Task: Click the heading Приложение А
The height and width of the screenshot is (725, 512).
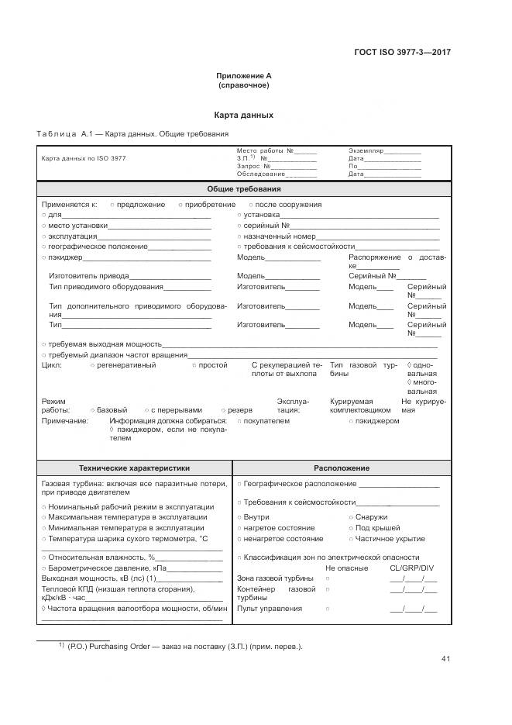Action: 243,75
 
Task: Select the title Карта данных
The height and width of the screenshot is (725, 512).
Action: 243,115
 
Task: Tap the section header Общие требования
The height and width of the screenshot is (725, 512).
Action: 243,188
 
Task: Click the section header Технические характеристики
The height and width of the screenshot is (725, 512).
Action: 134,468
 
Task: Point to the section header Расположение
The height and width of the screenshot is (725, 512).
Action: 341,468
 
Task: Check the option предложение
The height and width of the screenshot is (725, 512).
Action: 140,205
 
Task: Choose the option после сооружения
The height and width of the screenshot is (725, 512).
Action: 289,205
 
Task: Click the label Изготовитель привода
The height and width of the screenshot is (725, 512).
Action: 88,275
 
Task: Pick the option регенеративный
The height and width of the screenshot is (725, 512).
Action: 126,364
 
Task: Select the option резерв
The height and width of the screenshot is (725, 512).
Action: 239,409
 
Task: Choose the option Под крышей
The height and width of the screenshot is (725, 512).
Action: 377,527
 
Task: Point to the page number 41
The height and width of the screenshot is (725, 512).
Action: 445,659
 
